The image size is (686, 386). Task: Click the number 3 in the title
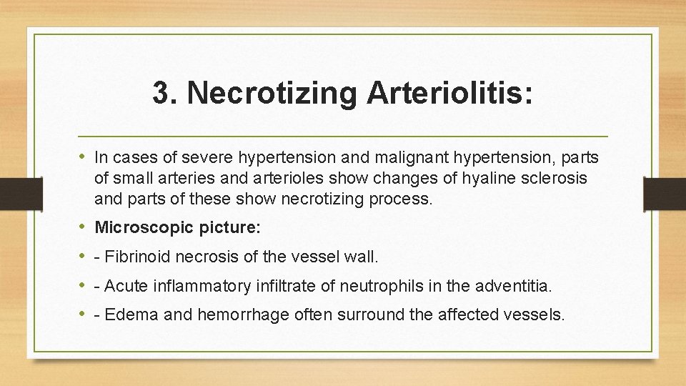(x=161, y=94)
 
